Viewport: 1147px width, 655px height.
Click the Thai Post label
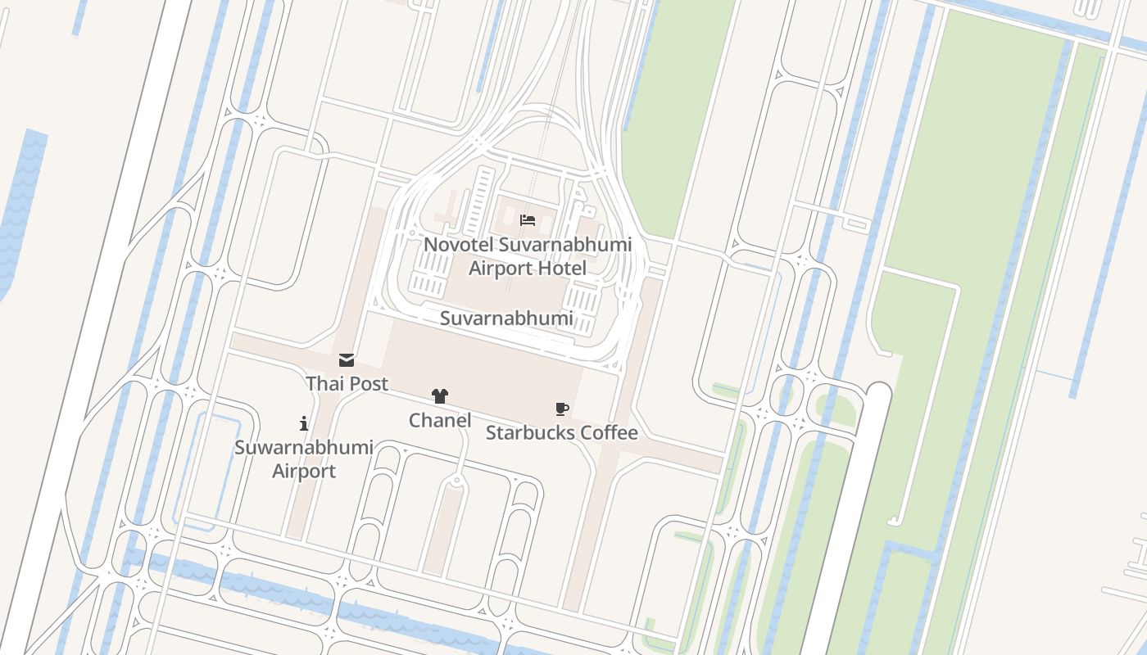[x=347, y=383]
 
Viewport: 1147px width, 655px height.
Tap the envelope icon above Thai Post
[x=347, y=360]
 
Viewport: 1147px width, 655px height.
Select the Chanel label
[x=440, y=420]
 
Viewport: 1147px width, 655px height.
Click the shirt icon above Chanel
[x=440, y=396]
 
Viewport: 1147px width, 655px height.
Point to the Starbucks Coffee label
[x=561, y=432]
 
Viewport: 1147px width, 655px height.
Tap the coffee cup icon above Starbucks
[x=561, y=409]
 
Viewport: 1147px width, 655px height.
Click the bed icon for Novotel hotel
[x=528, y=220]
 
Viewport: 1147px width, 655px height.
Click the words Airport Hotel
[x=528, y=269]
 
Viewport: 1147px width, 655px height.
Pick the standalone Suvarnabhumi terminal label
[x=506, y=318]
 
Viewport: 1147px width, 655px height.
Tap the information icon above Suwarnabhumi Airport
[x=304, y=423]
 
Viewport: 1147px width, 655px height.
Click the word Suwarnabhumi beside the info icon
[x=304, y=448]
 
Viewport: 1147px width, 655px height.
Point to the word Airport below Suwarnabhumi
[x=304, y=472]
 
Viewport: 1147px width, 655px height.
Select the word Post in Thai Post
[x=369, y=383]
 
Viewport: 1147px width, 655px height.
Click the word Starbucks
[x=525, y=432]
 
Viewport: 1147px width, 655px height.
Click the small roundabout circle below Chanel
[x=456, y=481]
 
